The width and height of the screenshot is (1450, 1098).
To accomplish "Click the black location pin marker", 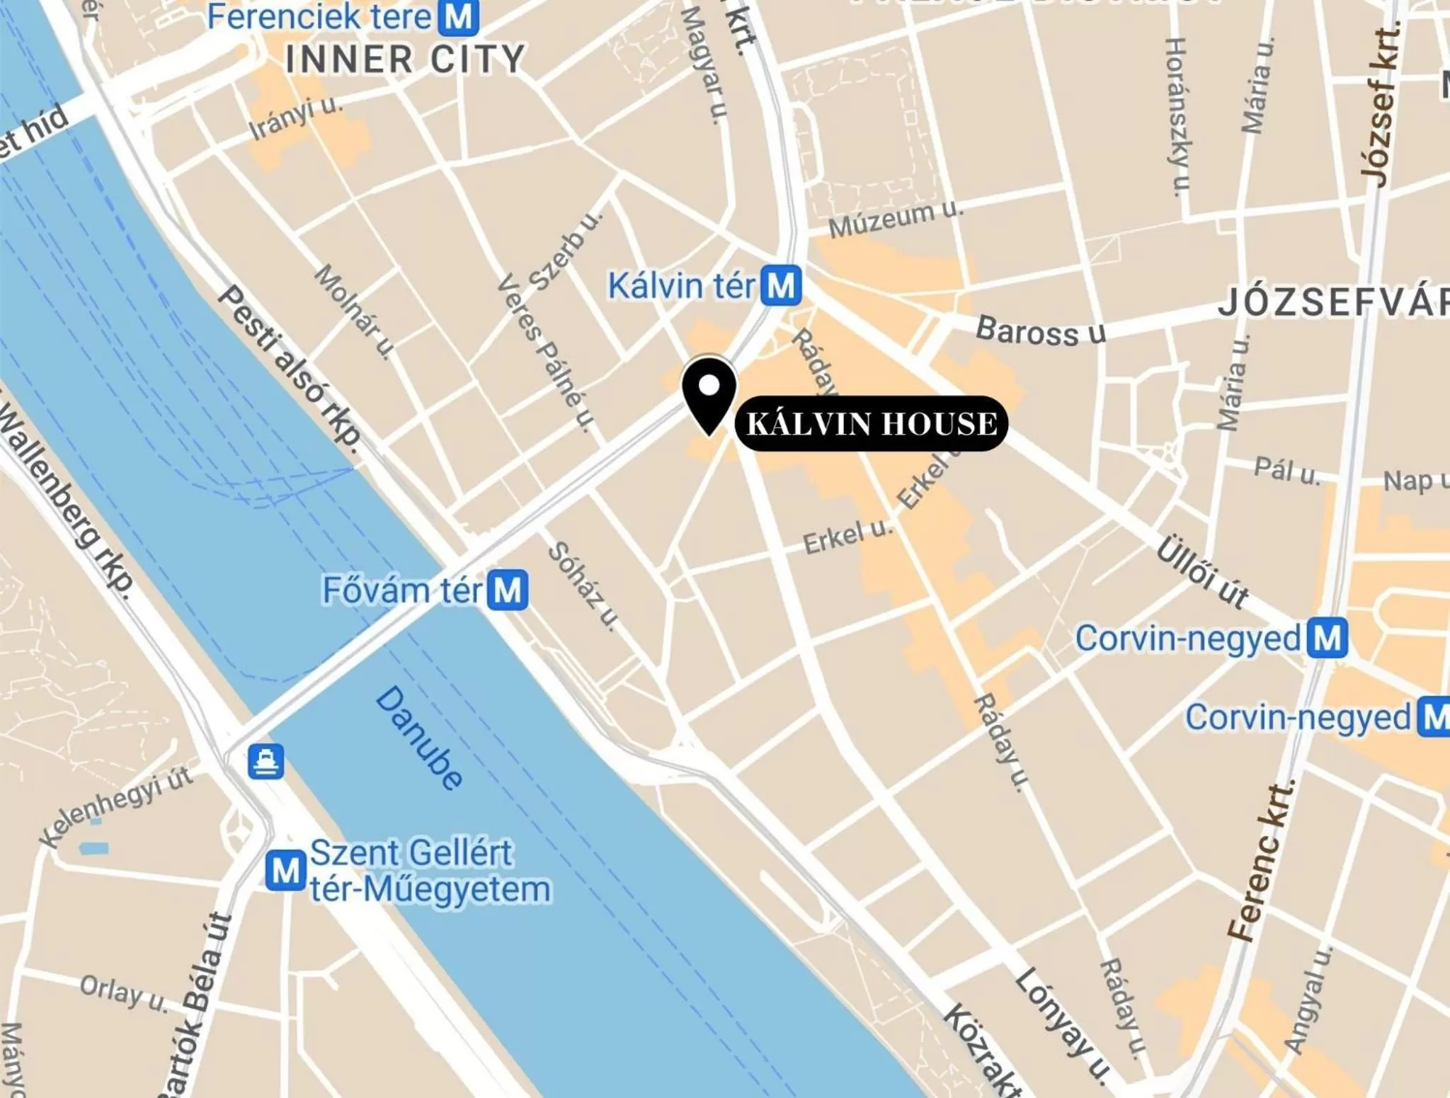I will (x=709, y=394).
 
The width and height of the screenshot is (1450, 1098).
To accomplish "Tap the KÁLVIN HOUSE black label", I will (x=871, y=423).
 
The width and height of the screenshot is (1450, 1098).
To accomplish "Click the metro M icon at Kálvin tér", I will (x=782, y=285).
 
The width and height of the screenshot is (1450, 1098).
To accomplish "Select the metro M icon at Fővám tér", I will (x=508, y=590).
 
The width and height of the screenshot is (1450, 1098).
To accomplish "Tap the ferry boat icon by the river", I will (x=266, y=761).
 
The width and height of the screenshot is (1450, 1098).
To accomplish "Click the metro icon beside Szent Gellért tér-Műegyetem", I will (x=286, y=870).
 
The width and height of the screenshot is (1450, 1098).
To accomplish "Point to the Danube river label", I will (x=419, y=737).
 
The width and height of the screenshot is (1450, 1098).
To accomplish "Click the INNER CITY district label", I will (x=405, y=59).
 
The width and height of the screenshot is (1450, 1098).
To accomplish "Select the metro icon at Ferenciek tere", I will (x=458, y=16).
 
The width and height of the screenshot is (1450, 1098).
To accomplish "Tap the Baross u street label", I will (x=1040, y=331).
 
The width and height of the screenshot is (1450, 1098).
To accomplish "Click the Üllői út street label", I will (x=1203, y=573).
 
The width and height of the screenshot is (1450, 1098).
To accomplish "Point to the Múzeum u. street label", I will (x=896, y=219).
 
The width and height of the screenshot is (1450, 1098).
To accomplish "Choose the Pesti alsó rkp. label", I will (x=290, y=365).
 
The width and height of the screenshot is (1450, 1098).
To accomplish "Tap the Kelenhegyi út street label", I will (x=117, y=806).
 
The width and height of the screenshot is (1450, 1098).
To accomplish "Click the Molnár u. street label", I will (x=354, y=311).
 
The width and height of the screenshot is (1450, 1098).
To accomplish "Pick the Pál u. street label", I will (x=1286, y=470).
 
